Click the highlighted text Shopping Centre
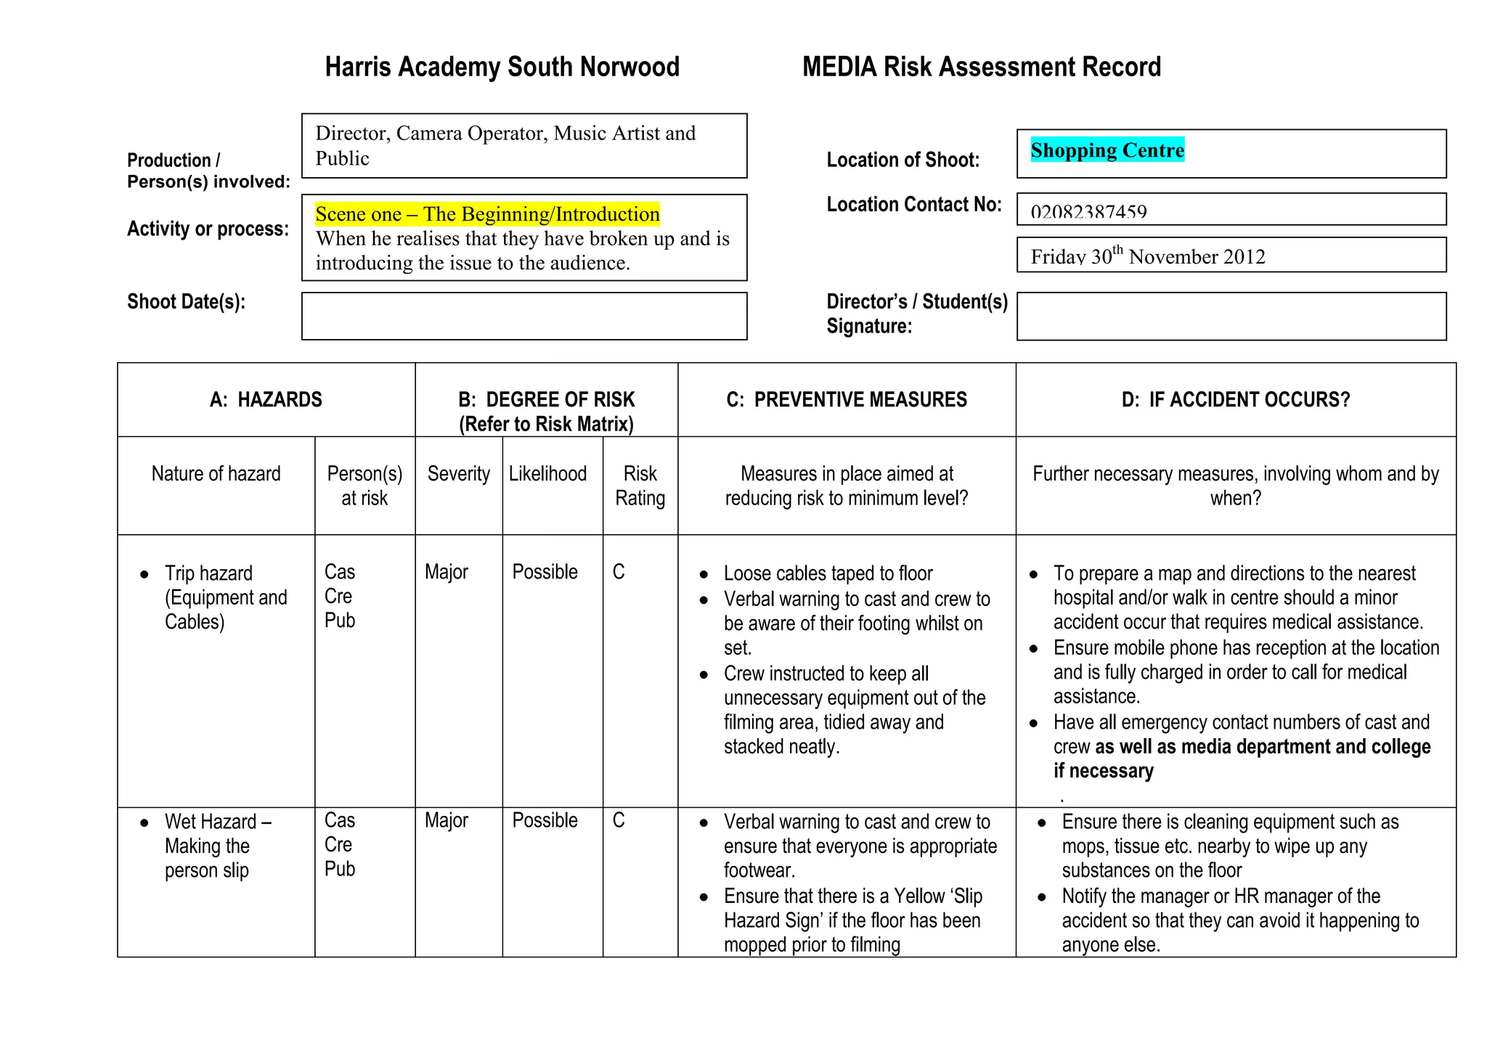(x=1107, y=150)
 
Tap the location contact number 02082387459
(x=1088, y=212)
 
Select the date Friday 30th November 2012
(x=1147, y=256)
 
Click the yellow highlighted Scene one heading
(x=487, y=214)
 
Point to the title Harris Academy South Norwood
(x=502, y=67)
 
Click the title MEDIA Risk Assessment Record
(x=981, y=67)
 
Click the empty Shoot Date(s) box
(x=523, y=316)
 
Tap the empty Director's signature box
(x=1231, y=316)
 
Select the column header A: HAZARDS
(x=266, y=400)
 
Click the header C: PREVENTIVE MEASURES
(x=847, y=400)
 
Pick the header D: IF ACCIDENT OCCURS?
(x=1235, y=400)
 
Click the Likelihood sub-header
(x=547, y=474)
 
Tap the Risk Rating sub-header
(x=640, y=486)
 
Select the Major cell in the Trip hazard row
(x=447, y=572)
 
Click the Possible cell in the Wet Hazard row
(x=545, y=820)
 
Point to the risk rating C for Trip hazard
(x=619, y=572)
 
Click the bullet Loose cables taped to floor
(x=828, y=573)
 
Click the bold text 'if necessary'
(x=1103, y=771)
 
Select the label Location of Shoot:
(x=903, y=160)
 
